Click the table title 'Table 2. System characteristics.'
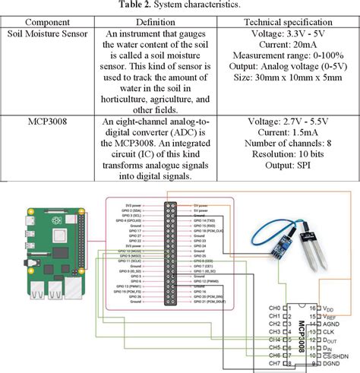click(180, 5)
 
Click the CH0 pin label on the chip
click(275, 307)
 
